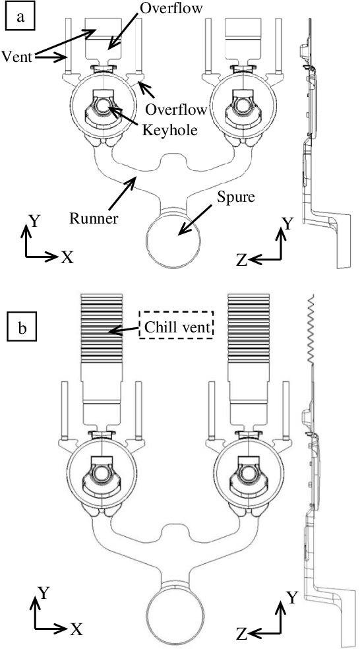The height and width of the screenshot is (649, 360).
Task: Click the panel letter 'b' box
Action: tap(22, 328)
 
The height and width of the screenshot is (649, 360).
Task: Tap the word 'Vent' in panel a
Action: tap(16, 56)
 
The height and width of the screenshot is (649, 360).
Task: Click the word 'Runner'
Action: tap(93, 218)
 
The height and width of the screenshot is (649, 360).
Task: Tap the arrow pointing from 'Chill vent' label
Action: tap(125, 330)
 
